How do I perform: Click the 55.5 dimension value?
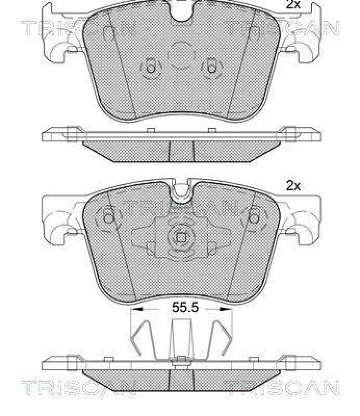point(185,307)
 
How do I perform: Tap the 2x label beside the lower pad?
point(293,186)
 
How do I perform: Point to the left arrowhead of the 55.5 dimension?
point(137,309)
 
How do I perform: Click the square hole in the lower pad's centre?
point(181,238)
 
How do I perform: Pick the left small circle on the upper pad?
point(150,69)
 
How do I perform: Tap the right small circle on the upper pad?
point(212,69)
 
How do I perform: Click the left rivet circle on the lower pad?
point(108,218)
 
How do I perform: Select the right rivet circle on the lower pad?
point(254,218)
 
